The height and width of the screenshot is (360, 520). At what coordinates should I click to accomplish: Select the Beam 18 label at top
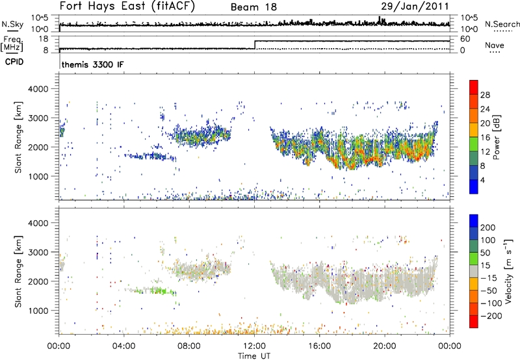tap(254, 8)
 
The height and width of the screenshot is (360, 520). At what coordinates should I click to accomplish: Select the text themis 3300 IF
tap(92, 65)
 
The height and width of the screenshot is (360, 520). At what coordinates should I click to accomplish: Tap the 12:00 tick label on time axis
tap(254, 345)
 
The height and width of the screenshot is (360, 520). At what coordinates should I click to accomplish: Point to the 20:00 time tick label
tap(384, 345)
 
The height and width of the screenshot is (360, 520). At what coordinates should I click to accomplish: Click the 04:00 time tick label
tap(124, 345)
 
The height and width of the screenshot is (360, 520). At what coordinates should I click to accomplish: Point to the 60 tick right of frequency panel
tap(465, 40)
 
